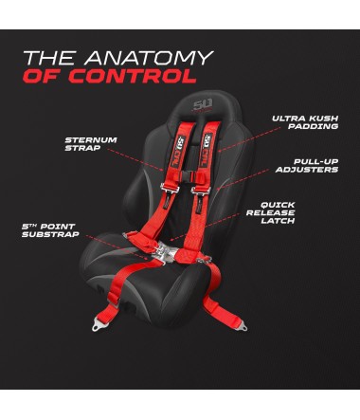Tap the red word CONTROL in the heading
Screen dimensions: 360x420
143,76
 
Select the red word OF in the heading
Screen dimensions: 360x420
43,76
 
